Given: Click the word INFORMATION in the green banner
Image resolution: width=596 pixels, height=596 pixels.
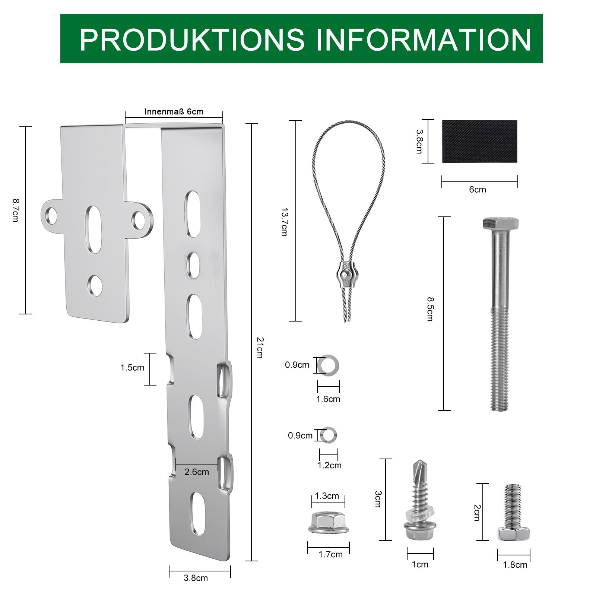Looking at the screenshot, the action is [424, 39].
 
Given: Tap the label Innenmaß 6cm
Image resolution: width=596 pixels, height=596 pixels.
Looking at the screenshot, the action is [174, 112].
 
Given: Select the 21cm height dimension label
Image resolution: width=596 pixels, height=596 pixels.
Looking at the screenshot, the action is [260, 347].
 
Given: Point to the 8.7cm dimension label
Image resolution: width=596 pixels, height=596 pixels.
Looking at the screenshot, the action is [15, 210].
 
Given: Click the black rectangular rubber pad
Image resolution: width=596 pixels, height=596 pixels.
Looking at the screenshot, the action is [479, 141].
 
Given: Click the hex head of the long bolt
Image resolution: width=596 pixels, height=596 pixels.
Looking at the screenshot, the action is [500, 223].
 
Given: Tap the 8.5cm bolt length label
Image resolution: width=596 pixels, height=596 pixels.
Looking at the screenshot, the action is [430, 309].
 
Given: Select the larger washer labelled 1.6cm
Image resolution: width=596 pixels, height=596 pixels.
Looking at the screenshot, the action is [328, 364].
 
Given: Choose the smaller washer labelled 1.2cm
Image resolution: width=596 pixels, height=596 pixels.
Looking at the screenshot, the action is [329, 435].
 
